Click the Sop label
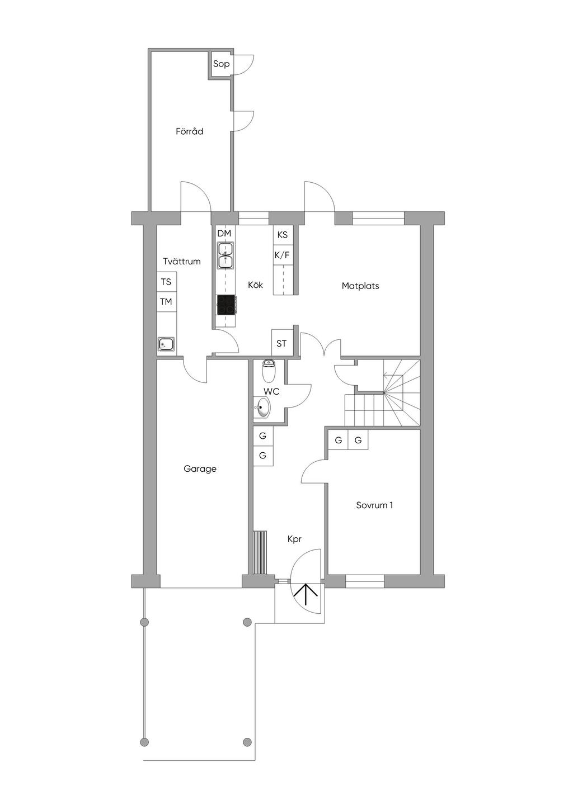pos(221,64)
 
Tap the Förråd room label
pos(189,131)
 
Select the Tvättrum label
pos(182,261)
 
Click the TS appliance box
pos(167,282)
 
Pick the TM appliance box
pos(167,301)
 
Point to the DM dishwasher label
pos(224,233)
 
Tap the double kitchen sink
pos(226,255)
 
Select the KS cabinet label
pos(283,235)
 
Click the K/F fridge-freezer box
pos(283,255)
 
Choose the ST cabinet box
pos(281,343)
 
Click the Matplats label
pos(360,286)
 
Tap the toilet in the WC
pos(268,371)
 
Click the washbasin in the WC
pos(262,408)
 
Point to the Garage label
pos(200,469)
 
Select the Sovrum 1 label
pos(374,505)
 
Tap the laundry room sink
pos(166,344)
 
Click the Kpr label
pos(294,539)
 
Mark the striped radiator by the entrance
pos(260,552)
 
